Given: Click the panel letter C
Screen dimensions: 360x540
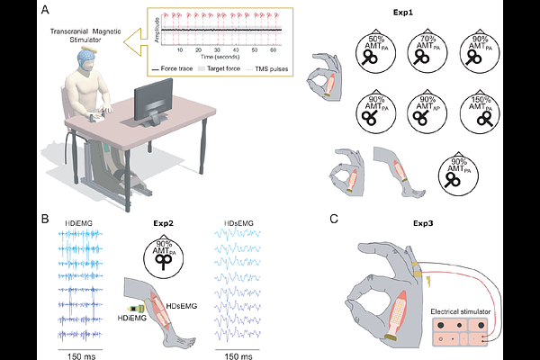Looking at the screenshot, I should click(x=334, y=218).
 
